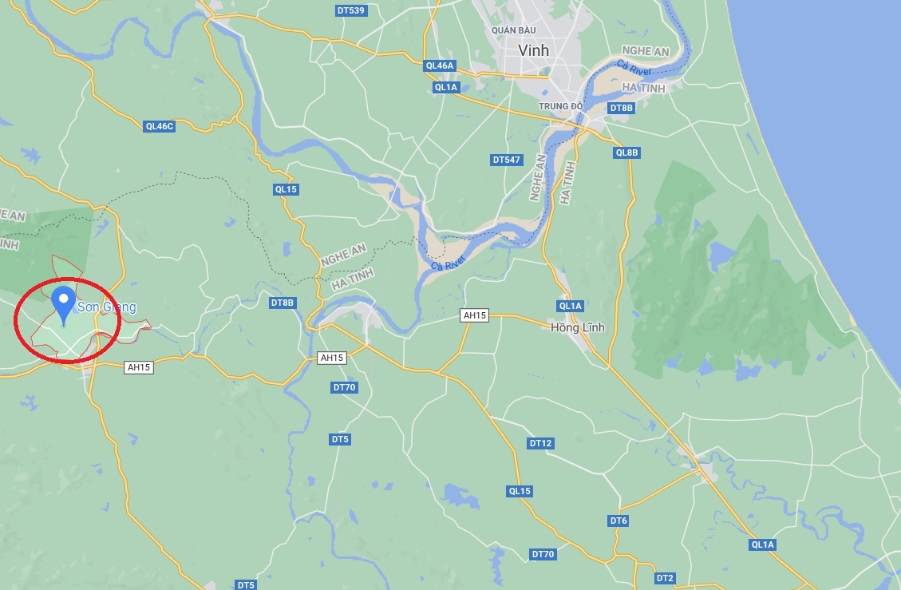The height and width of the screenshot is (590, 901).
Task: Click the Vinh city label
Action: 533,50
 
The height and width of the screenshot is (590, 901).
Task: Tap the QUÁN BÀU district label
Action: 514,30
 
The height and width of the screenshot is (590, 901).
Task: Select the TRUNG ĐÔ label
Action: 560,106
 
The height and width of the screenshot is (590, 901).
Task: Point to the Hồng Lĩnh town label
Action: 578,327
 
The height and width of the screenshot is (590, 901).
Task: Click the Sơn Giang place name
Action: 106,307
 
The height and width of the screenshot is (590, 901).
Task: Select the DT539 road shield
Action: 351,10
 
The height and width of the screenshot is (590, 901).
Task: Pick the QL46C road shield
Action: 160,126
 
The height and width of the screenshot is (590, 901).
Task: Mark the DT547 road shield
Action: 506,160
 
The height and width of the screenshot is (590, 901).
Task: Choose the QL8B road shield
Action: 627,152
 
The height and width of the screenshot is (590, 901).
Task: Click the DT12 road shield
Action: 540,443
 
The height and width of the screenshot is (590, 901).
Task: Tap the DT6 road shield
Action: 618,521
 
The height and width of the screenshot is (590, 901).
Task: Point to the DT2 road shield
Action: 665,578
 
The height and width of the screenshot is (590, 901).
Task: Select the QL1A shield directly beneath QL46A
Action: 446,87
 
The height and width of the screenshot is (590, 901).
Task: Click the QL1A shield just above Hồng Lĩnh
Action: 571,306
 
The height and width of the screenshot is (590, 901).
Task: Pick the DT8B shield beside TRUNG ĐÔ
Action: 621,108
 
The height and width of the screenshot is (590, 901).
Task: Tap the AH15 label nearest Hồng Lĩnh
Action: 474,316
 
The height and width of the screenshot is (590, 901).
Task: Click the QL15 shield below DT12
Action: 520,491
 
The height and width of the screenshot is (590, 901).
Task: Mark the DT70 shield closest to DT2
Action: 543,554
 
